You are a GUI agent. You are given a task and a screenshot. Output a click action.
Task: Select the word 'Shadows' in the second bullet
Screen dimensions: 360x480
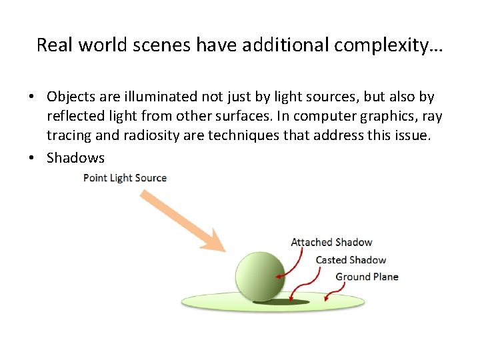75,158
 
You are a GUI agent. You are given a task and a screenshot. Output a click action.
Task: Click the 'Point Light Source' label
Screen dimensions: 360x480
125,178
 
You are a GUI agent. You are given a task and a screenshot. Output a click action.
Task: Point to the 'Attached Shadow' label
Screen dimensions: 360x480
331,242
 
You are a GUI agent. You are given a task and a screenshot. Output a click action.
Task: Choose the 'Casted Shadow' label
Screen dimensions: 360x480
351,259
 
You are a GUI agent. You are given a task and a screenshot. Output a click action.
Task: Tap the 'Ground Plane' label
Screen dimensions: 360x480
367,277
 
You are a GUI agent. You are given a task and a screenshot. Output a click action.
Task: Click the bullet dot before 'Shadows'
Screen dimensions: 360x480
31,158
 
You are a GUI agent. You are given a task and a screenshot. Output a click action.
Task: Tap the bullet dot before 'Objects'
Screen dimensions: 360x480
31,97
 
